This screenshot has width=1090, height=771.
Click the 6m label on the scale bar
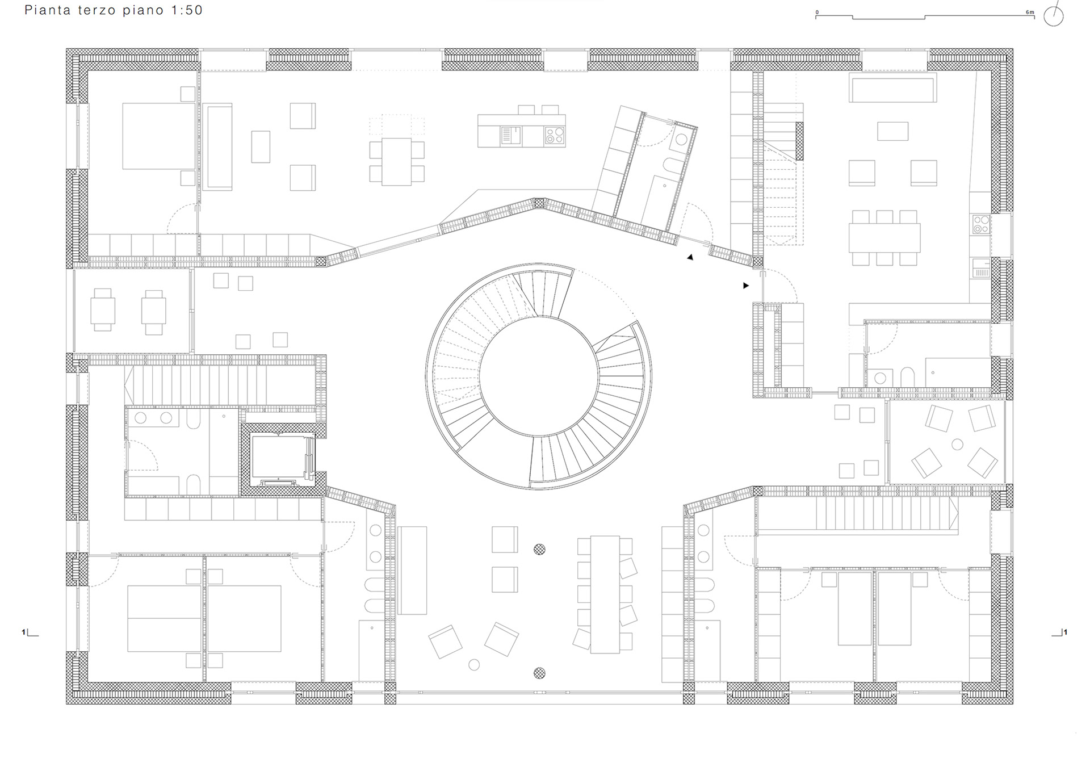(1030, 12)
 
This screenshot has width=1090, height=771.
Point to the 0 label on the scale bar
(817, 12)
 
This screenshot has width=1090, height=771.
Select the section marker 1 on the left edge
(24, 632)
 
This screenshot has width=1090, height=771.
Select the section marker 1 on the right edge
(1065, 632)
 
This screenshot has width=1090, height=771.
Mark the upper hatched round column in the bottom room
(539, 549)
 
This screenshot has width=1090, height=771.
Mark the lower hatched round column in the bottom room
(539, 673)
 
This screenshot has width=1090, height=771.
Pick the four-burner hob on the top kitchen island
(554, 136)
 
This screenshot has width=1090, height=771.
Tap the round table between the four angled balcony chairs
(957, 445)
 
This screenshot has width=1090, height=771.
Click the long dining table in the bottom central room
(605, 594)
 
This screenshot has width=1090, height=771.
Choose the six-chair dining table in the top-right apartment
(884, 238)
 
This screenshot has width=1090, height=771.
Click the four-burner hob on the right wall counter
(981, 224)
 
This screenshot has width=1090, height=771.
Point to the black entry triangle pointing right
(746, 286)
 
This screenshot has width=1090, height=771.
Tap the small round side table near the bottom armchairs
(474, 665)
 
